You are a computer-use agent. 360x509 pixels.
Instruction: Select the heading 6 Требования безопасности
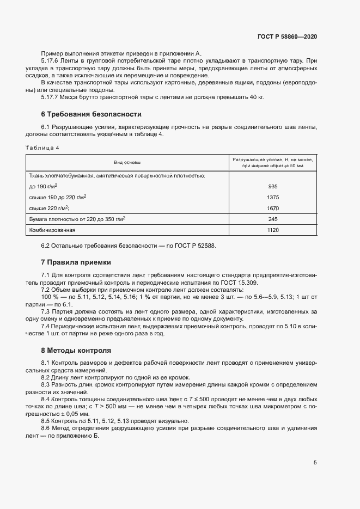tap(91, 114)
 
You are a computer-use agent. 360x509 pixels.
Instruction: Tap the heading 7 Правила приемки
tap(76, 262)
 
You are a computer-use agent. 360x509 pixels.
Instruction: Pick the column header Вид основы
tap(127, 162)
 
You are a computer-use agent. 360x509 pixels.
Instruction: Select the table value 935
tap(273, 186)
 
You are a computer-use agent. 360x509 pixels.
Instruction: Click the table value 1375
tap(273, 197)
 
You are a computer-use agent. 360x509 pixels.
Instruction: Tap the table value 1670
tap(273, 208)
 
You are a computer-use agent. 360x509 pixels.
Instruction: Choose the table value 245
tap(273, 219)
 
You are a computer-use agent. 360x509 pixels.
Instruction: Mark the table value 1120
tap(273, 230)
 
